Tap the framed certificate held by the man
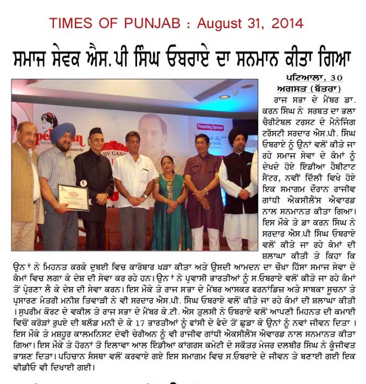point(73,197)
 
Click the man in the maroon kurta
point(203,192)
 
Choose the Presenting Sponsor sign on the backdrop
point(210,127)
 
